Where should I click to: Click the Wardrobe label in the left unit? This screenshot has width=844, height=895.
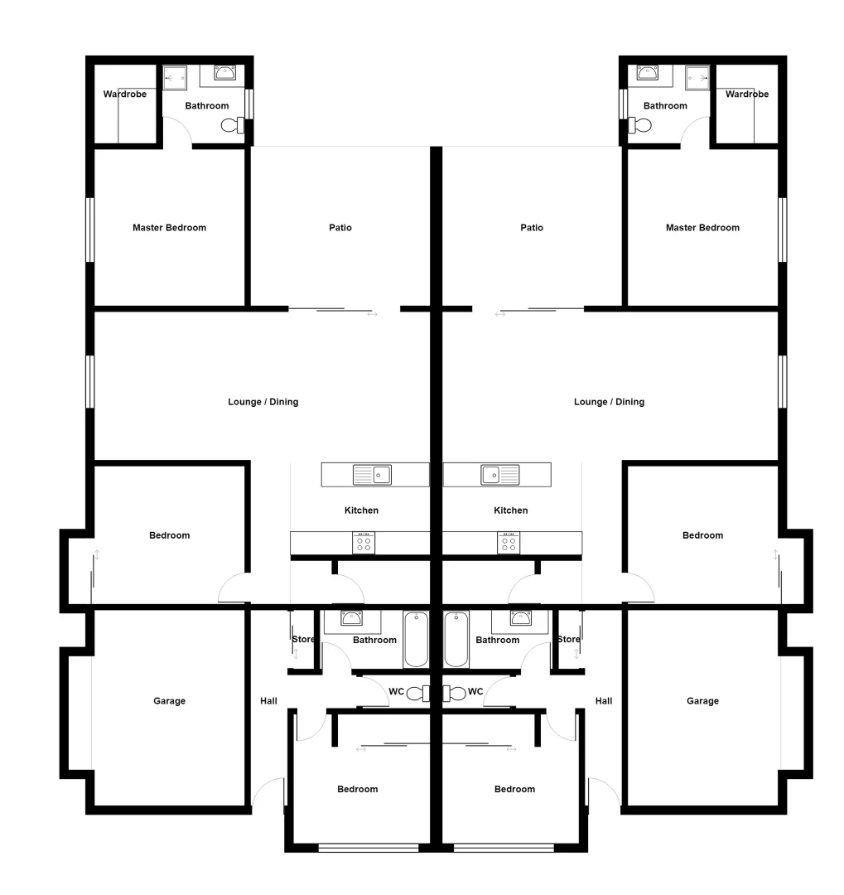point(125,94)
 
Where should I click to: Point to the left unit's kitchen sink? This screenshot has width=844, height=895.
point(372,475)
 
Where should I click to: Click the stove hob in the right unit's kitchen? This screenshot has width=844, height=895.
point(509,544)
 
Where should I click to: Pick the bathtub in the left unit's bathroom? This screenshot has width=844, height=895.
point(416,639)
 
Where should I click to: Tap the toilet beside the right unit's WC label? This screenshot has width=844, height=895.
point(454,693)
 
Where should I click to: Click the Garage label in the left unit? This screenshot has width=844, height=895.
point(169,701)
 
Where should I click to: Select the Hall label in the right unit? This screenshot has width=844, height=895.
point(604,701)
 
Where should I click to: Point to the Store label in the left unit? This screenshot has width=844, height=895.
point(303,639)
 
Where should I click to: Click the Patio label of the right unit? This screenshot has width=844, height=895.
point(532,228)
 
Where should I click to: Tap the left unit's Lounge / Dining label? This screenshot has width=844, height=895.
point(263,402)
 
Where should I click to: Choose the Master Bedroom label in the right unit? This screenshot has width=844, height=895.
point(702,228)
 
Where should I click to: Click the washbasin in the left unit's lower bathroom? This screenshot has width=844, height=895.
point(351,618)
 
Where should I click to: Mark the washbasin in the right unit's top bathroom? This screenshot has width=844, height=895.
point(648,73)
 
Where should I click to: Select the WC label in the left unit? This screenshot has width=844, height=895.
point(398,691)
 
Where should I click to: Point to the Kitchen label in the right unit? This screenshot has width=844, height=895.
point(510,510)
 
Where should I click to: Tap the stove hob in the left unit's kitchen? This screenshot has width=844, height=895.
point(364,544)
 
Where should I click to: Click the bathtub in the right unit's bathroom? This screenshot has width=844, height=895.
point(456,639)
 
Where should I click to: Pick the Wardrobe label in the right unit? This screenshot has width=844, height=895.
point(747,94)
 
